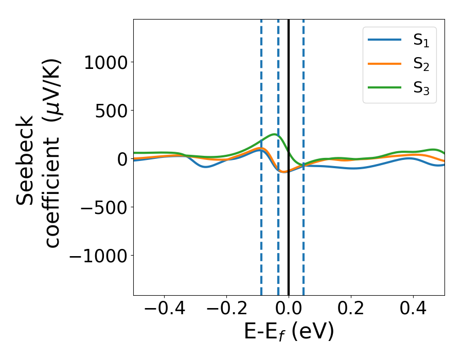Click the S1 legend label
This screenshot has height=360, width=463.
point(421,41)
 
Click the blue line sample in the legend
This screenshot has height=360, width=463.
point(385,40)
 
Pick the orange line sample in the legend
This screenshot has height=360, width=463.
point(385,64)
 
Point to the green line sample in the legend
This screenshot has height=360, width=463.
point(385,87)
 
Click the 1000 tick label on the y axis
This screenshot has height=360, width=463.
point(106,63)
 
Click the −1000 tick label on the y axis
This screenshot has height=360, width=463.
point(99,256)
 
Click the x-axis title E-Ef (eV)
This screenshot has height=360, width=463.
point(289,332)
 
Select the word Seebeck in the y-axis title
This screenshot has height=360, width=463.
point(26,160)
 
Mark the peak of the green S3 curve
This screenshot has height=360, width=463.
point(275,135)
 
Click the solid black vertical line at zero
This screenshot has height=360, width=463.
point(289,231)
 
